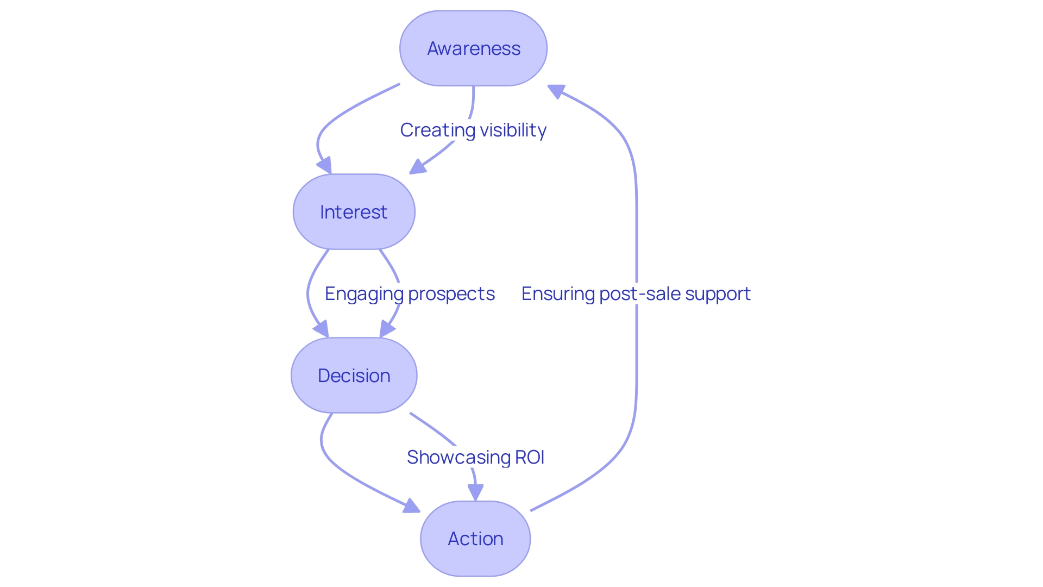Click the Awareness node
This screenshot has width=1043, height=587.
coord(473,48)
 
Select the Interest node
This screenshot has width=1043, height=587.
coord(354,212)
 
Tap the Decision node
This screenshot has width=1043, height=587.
coord(354,376)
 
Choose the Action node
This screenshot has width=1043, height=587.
coord(475,539)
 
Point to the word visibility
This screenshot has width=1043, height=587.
coord(513,130)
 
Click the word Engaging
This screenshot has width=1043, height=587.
coord(364,294)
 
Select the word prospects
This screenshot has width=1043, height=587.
coord(451,294)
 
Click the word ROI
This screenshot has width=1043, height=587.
coord(530,458)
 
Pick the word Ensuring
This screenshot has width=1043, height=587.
coord(558,294)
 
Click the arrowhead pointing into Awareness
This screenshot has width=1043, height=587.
coord(556,91)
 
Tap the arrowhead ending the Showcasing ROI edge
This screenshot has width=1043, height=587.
coord(475,492)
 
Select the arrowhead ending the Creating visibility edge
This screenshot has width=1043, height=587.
coord(417,167)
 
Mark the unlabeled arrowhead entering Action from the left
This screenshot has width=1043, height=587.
coord(411,507)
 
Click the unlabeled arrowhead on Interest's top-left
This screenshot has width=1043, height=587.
coord(324,165)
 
